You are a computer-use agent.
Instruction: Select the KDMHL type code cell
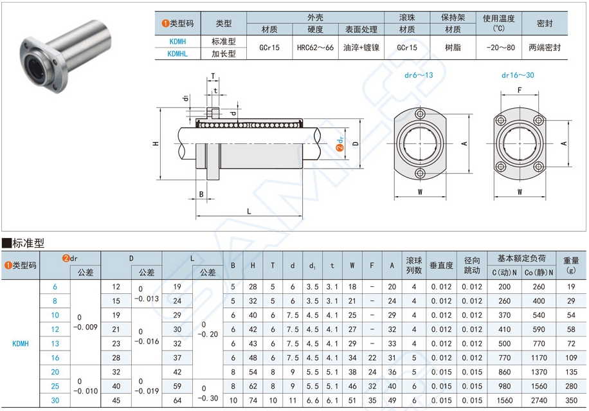(x=177, y=54)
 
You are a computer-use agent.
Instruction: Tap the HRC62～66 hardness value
(x=315, y=48)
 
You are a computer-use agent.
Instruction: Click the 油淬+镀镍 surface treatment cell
(x=361, y=48)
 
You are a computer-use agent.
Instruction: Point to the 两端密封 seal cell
(x=545, y=48)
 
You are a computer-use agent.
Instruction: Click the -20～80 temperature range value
(x=499, y=48)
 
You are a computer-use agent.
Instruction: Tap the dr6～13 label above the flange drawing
(x=419, y=75)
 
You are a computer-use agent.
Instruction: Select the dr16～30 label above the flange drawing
(x=518, y=75)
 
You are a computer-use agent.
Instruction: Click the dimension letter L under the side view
(x=248, y=211)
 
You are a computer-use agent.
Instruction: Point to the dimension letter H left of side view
(x=156, y=143)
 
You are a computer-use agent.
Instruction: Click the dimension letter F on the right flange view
(x=519, y=91)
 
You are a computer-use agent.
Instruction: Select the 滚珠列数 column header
(x=414, y=265)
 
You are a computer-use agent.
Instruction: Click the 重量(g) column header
(x=571, y=265)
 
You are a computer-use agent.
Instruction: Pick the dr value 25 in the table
(x=55, y=386)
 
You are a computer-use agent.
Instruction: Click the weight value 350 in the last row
(x=571, y=400)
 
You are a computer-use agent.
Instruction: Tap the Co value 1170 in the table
(x=539, y=358)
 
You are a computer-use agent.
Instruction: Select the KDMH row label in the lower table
(x=21, y=343)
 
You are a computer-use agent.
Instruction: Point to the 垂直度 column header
(x=441, y=265)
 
